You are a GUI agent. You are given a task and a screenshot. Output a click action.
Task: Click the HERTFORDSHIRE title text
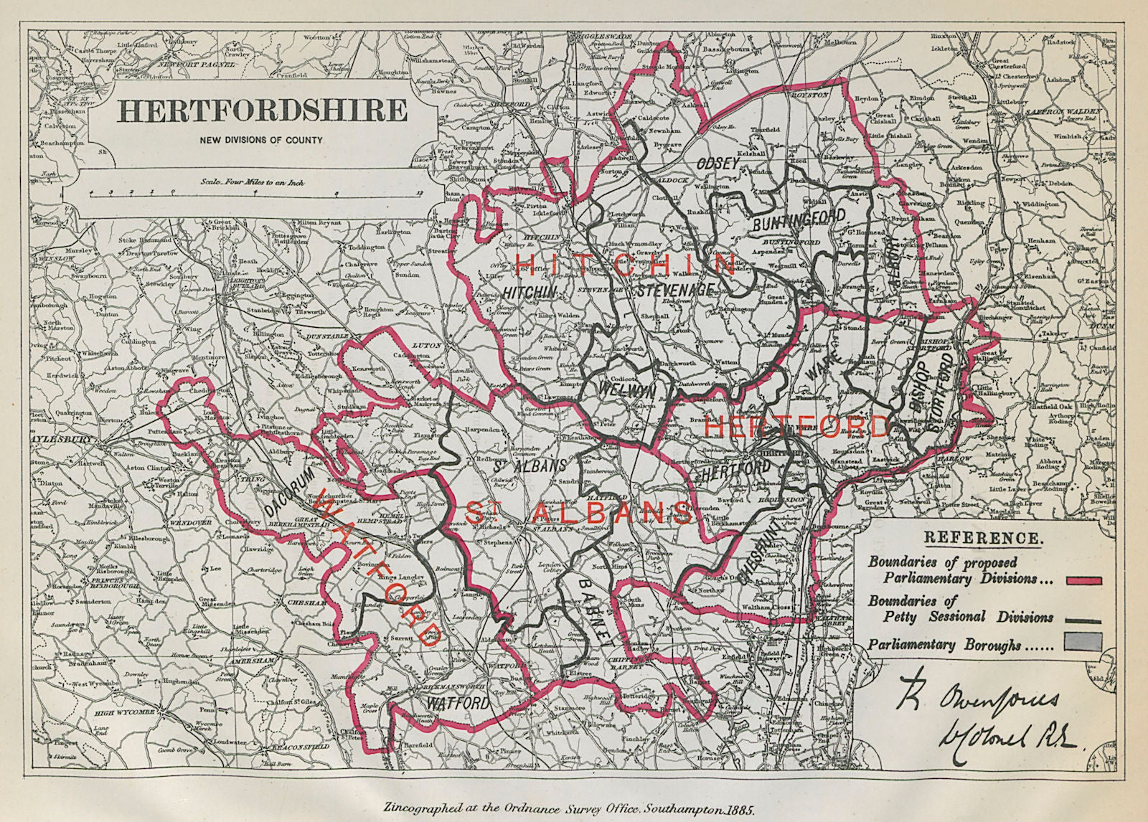pos(263,111)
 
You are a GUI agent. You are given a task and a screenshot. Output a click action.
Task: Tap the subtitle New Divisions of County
pos(262,141)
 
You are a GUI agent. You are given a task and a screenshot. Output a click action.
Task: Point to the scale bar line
pos(251,194)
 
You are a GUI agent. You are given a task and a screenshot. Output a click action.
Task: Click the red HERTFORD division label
pos(796,426)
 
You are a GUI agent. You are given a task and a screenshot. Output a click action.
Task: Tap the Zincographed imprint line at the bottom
pos(574,807)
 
